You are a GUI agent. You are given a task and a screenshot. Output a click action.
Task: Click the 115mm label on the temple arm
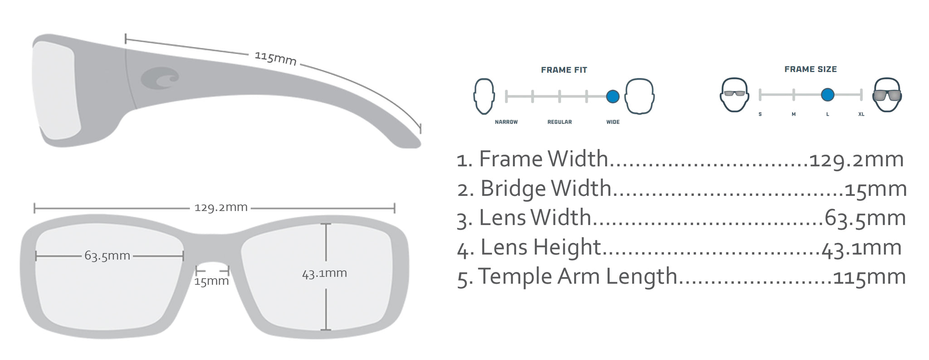coord(275,58)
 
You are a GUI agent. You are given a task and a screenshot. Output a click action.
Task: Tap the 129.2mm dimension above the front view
coord(221,208)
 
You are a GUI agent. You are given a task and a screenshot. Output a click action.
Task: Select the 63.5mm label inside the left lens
coord(108,256)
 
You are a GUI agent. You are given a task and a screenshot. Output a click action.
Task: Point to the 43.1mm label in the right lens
coord(324,273)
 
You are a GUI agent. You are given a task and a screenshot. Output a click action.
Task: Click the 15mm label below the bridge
coord(211,281)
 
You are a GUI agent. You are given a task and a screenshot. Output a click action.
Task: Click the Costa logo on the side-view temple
coord(160,78)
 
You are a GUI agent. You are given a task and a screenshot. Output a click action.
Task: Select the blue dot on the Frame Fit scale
coord(612,97)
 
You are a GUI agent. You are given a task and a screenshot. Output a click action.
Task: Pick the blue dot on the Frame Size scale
coord(827,95)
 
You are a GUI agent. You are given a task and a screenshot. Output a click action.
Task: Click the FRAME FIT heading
coord(564,70)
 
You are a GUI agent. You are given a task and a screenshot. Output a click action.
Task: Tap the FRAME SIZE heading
coord(811,69)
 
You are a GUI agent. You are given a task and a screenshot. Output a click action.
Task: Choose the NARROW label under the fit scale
coord(506,122)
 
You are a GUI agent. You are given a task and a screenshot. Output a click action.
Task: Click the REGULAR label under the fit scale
coord(559,122)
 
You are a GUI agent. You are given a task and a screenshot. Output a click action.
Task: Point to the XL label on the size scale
coord(861,114)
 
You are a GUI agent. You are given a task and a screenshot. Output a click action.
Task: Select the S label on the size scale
coord(760,114)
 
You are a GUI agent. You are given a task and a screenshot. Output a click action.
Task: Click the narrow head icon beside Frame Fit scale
coord(484,96)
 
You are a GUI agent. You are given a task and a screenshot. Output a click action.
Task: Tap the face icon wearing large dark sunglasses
coord(887,95)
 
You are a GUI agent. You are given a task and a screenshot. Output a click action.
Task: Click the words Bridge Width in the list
coord(546,189)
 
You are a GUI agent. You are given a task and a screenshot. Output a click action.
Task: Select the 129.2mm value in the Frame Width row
coord(856,160)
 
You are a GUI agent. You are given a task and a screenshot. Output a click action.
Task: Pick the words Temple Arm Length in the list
coord(577,277)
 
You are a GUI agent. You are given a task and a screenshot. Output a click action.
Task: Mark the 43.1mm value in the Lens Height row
coord(861,248)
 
